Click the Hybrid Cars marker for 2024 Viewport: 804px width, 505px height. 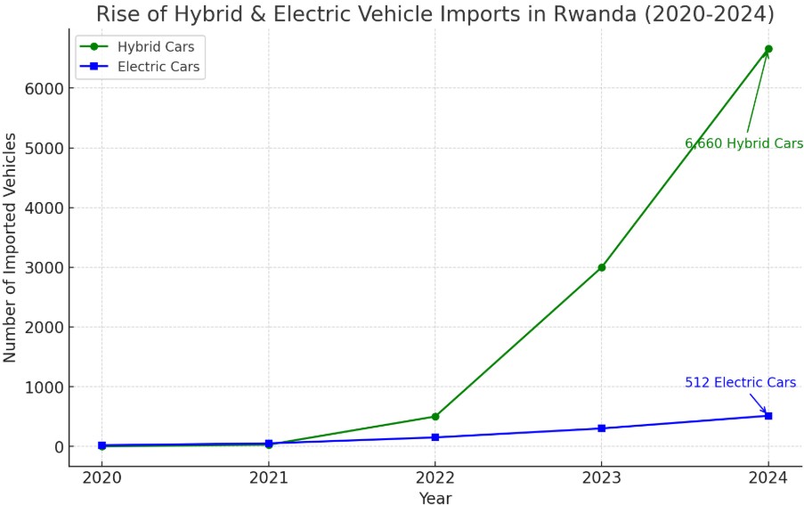point(768,49)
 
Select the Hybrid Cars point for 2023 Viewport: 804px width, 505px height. point(602,267)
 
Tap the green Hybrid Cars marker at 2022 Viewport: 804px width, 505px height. point(434,416)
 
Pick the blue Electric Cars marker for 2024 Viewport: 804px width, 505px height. point(768,416)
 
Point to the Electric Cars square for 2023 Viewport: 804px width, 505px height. point(602,428)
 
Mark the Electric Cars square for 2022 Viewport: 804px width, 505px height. point(434,437)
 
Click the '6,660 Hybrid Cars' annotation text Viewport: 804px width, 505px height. point(743,143)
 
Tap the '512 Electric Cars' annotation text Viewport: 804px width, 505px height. point(740,383)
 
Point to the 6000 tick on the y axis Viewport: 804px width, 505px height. point(43,89)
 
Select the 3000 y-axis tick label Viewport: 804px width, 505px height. point(43,268)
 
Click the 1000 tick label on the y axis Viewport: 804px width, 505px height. point(43,387)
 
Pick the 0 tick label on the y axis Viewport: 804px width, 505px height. point(55,447)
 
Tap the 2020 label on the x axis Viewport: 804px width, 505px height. point(102,476)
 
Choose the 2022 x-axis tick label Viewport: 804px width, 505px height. point(434,476)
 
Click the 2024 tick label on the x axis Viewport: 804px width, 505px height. point(768,476)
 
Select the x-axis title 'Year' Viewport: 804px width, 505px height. point(434,498)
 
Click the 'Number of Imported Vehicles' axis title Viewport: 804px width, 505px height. point(11,248)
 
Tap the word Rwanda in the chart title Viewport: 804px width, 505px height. point(589,14)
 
